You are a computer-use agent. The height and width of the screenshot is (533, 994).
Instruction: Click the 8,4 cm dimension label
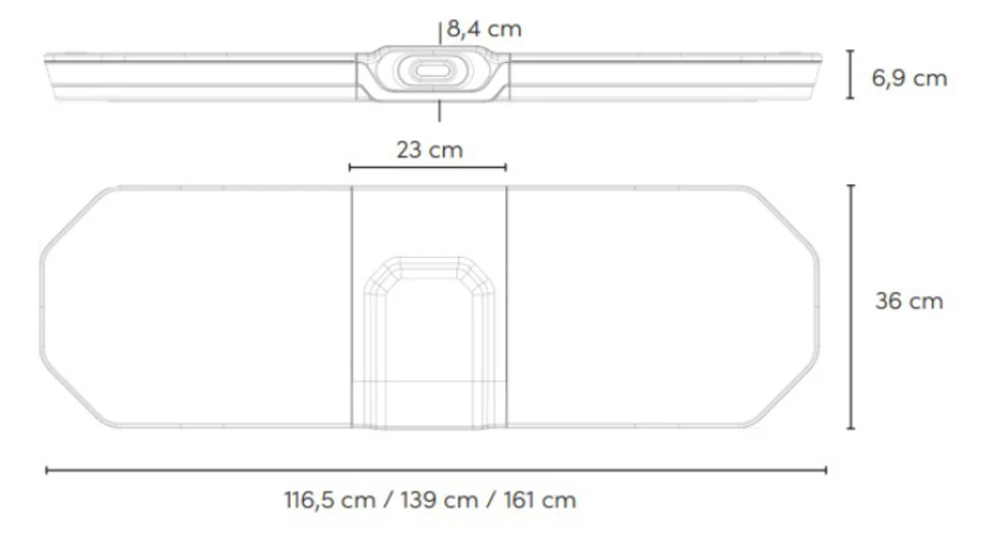484,29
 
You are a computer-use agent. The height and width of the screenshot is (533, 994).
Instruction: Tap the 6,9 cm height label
910,79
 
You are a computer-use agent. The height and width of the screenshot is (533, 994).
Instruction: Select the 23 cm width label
430,150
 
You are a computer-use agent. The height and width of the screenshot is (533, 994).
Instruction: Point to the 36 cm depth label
910,301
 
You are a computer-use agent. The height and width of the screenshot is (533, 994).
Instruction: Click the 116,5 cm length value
331,500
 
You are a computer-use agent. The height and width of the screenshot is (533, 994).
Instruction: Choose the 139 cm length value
439,500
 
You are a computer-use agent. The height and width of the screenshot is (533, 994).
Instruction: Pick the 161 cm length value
539,500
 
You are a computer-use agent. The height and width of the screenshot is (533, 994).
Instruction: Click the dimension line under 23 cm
427,167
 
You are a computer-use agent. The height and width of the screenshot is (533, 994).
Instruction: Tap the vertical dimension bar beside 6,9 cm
850,74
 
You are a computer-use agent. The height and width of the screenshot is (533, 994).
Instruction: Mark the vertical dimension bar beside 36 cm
851,307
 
